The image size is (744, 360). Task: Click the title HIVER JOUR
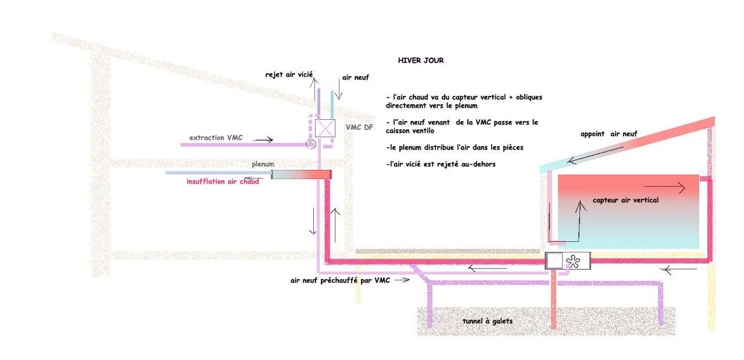pyautogui.click(x=421, y=60)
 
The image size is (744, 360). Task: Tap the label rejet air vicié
pyautogui.click(x=289, y=74)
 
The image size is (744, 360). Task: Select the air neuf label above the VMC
pyautogui.click(x=355, y=77)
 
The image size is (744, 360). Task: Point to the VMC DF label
pyautogui.click(x=359, y=127)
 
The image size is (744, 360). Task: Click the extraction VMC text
pyautogui.click(x=216, y=138)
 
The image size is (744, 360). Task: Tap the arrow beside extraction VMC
pyautogui.click(x=263, y=140)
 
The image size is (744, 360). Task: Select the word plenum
pyautogui.click(x=263, y=165)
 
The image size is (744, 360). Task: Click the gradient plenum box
pyautogui.click(x=301, y=174)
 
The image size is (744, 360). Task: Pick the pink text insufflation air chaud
pyautogui.click(x=223, y=182)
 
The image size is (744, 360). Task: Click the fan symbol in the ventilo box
pyautogui.click(x=574, y=261)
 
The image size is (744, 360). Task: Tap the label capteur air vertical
pyautogui.click(x=625, y=200)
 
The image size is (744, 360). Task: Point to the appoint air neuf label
pyautogui.click(x=609, y=134)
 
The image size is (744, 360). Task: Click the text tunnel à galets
pyautogui.click(x=488, y=322)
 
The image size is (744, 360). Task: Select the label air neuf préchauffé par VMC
pyautogui.click(x=340, y=280)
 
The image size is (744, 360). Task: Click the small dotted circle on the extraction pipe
pyautogui.click(x=310, y=143)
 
